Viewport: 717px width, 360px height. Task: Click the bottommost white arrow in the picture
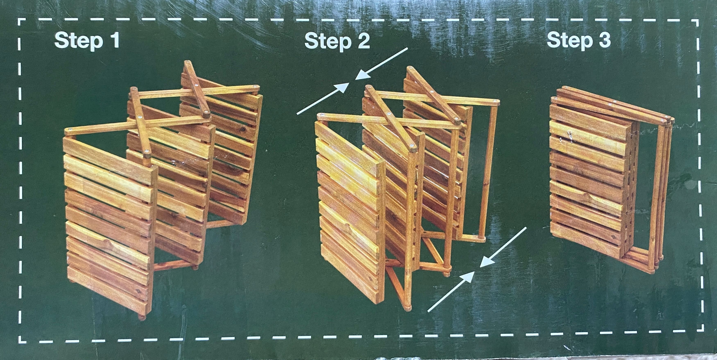451,292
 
